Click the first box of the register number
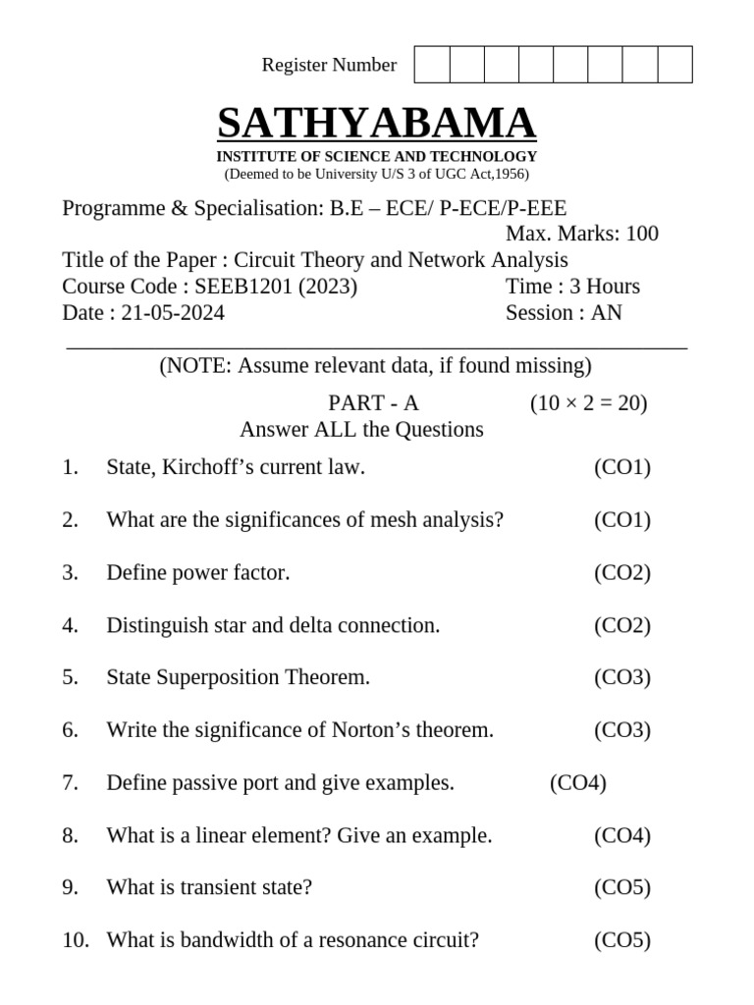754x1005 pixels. pyautogui.click(x=432, y=65)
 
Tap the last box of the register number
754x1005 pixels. pyautogui.click(x=674, y=65)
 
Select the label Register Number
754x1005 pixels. pyautogui.click(x=329, y=65)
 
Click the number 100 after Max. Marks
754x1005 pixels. pyautogui.click(x=641, y=234)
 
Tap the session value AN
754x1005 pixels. pyautogui.click(x=606, y=313)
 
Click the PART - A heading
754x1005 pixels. pyautogui.click(x=373, y=403)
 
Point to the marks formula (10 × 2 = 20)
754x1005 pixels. pyautogui.click(x=588, y=403)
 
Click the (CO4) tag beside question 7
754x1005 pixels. pyautogui.click(x=578, y=783)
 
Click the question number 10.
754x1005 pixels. pyautogui.click(x=75, y=940)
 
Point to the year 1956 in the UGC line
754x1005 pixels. pyautogui.click(x=511, y=175)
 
